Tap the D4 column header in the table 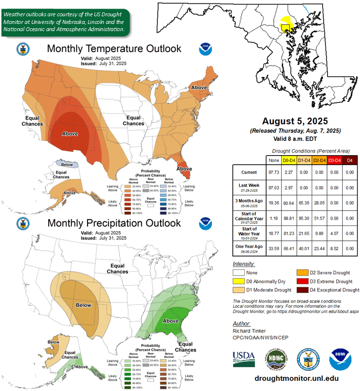[x=349, y=159]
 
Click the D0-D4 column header [x=289, y=159]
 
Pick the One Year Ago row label [x=249, y=248]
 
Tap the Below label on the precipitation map [x=84, y=305]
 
